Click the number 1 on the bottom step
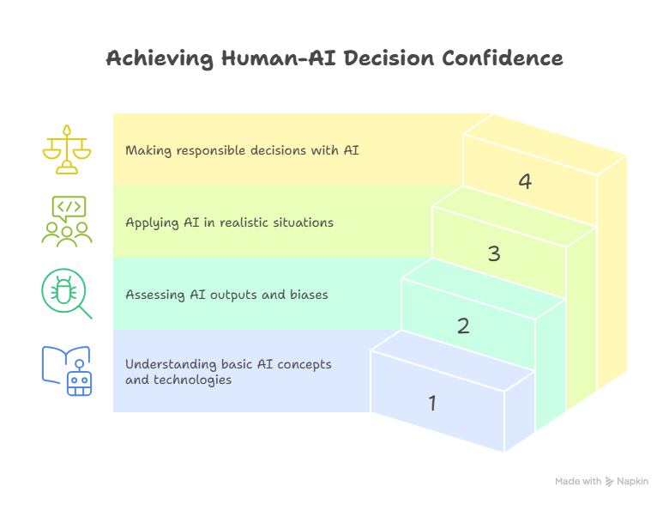point(432,402)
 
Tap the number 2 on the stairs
point(463,326)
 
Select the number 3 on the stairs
point(494,254)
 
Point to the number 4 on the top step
point(525,181)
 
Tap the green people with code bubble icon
point(67,222)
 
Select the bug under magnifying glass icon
point(66,294)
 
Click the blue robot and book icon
point(66,370)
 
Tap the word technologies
point(194,379)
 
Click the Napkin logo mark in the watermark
point(610,482)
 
